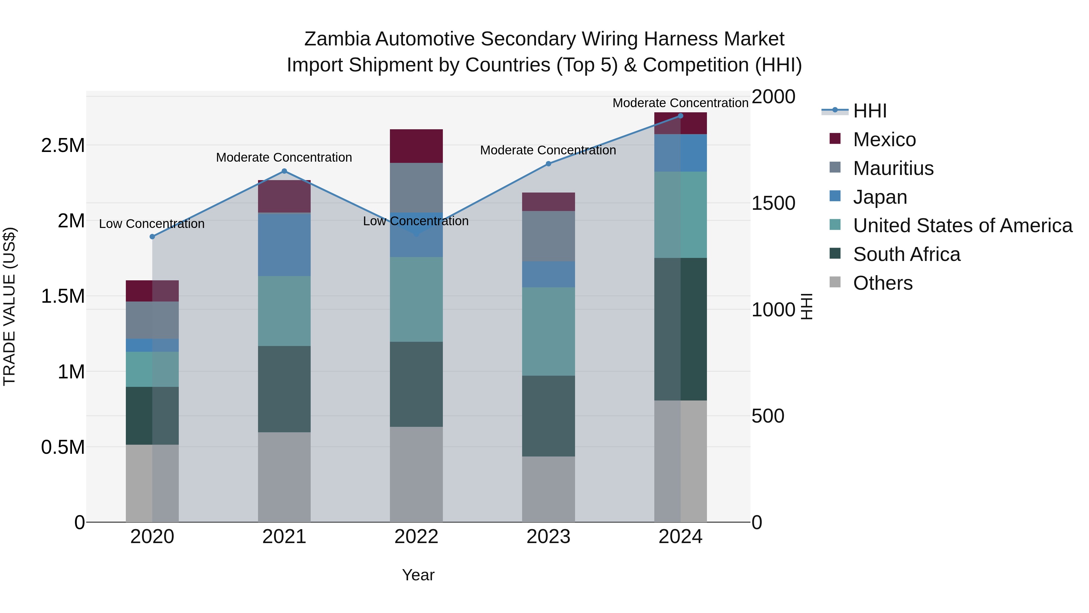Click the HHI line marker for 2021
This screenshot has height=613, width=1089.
(284, 171)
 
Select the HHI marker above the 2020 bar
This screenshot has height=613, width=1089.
(152, 236)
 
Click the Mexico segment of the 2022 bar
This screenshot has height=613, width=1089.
(416, 146)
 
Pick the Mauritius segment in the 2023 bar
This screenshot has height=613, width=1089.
(548, 236)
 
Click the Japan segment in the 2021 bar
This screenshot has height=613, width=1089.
(284, 245)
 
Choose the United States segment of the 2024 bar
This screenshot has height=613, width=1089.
(680, 215)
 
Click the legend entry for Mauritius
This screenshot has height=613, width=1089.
(893, 168)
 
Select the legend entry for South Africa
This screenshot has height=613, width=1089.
(906, 254)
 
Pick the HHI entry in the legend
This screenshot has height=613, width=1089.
(870, 111)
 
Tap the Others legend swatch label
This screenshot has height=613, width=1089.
(882, 283)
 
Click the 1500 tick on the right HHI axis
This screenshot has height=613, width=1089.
(773, 203)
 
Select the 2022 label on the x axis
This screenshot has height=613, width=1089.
(416, 537)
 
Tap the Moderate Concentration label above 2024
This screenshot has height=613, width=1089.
(680, 103)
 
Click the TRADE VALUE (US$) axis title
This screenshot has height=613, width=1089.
(9, 306)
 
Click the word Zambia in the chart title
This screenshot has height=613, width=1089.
(337, 39)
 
